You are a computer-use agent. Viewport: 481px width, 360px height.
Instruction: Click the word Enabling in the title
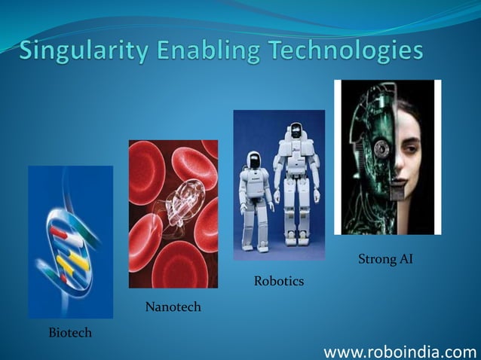click(x=205, y=53)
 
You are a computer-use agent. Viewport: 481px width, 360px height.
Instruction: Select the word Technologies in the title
click(x=346, y=53)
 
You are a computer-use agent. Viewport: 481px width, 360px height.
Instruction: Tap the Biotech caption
click(x=69, y=332)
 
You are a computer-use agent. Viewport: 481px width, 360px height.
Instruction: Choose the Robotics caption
click(x=278, y=282)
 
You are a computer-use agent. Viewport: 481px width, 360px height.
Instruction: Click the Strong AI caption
click(x=385, y=261)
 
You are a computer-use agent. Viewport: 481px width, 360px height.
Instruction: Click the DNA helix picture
click(x=70, y=241)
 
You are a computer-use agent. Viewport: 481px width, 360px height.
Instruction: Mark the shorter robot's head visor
click(x=254, y=160)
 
